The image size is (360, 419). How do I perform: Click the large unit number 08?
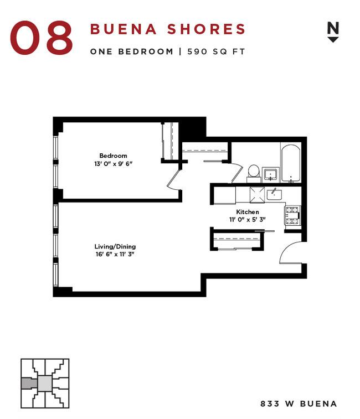(42, 38)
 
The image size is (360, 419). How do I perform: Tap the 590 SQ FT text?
(215, 51)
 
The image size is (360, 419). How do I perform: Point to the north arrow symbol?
(333, 32)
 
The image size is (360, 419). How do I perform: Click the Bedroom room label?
(113, 156)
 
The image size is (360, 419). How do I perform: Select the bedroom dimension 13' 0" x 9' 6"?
(113, 164)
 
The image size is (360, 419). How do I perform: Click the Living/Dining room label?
(115, 246)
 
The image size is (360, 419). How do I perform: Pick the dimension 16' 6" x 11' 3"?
(115, 255)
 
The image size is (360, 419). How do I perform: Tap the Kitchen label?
(247, 212)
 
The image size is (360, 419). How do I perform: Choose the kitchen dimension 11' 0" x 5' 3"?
(247, 220)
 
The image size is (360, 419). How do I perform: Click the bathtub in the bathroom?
(290, 163)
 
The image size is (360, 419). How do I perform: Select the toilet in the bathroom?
(254, 172)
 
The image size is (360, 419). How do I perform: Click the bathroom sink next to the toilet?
(271, 175)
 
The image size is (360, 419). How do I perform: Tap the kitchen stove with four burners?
(292, 216)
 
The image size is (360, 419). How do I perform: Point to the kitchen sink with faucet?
(274, 194)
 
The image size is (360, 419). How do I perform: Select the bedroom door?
(174, 180)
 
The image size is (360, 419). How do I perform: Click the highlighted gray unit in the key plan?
(27, 383)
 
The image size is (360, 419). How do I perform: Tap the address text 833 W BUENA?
(298, 404)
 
